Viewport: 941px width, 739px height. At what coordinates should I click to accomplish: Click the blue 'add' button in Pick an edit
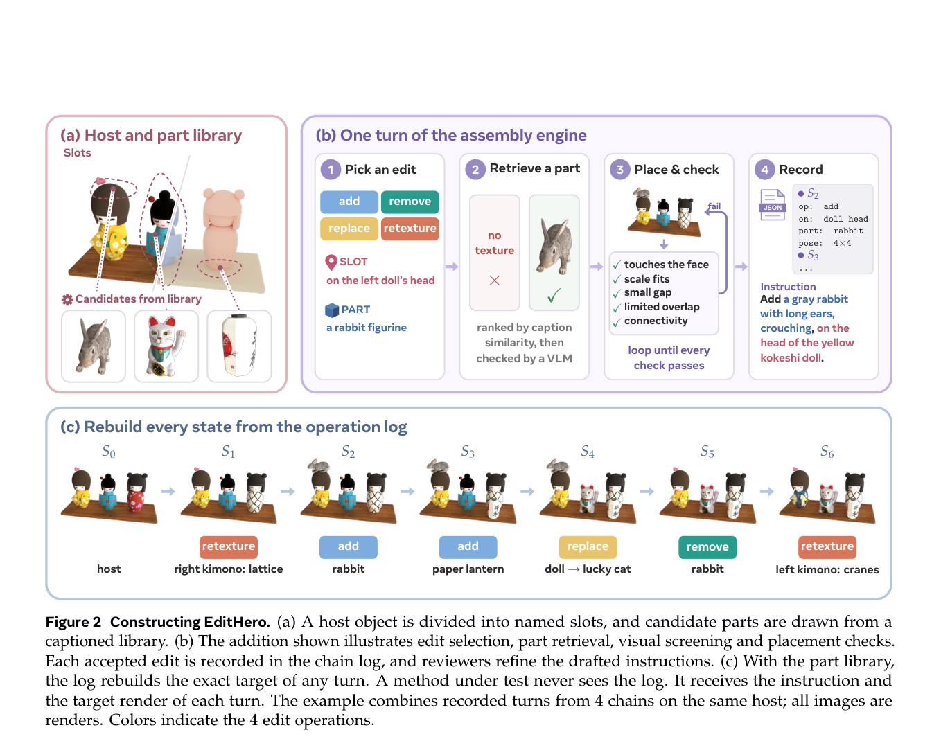(349, 202)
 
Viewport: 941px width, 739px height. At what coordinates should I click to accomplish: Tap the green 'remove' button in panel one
(410, 202)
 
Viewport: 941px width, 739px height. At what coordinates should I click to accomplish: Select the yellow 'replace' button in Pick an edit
(349, 229)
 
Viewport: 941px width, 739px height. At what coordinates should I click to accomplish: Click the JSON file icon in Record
(772, 204)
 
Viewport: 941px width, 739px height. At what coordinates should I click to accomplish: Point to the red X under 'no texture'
(494, 281)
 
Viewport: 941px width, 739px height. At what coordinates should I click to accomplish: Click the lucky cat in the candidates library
(166, 346)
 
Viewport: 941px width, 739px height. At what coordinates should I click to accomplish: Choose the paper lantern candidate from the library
(239, 346)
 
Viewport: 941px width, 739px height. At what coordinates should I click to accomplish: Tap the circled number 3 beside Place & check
(619, 170)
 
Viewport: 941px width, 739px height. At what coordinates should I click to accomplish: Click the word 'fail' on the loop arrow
(714, 206)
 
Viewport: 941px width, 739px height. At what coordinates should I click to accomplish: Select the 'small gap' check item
(647, 292)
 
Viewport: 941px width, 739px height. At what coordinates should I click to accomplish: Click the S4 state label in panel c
(587, 452)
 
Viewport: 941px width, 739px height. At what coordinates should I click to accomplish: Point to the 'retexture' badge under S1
(228, 546)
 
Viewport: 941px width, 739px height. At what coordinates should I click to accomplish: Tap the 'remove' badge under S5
(707, 547)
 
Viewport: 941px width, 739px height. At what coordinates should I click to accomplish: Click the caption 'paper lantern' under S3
(468, 569)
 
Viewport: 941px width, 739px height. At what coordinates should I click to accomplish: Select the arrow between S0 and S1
(168, 492)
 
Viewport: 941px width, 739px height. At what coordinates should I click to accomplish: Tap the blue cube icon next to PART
(332, 310)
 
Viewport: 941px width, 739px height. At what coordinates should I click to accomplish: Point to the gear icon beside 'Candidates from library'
(67, 299)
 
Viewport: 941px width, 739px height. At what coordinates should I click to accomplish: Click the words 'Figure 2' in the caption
(73, 622)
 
